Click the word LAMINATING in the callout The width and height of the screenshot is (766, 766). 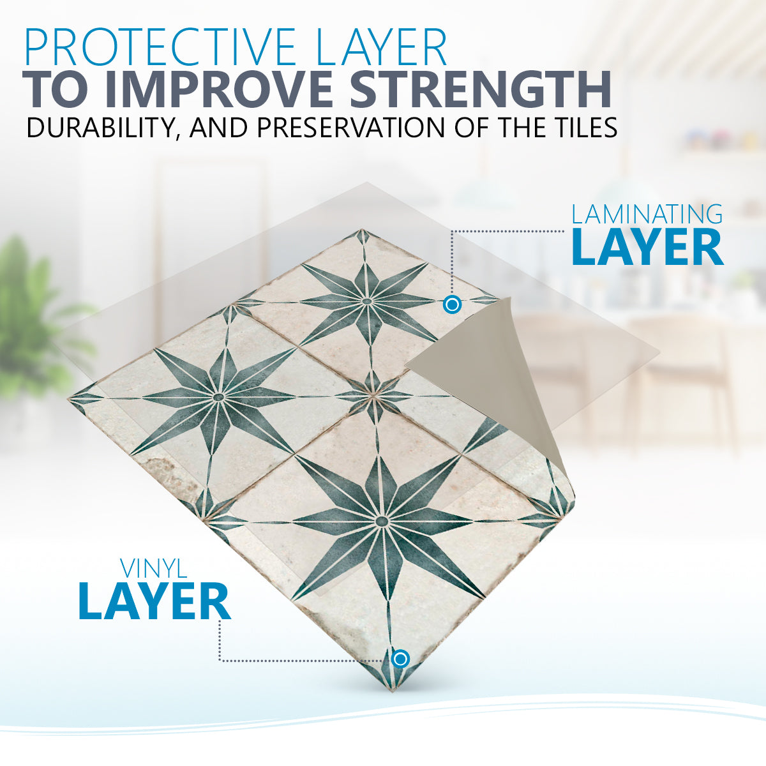647,214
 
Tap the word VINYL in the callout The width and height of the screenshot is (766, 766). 154,569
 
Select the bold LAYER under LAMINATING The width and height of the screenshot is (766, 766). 647,248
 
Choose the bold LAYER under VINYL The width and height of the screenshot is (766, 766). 154,601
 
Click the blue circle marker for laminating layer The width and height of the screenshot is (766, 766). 452,305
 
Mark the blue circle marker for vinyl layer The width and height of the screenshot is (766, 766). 400,659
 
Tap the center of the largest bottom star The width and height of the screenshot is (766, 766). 382,521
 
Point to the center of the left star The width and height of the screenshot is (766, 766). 218,396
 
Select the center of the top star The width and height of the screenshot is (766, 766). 366,301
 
